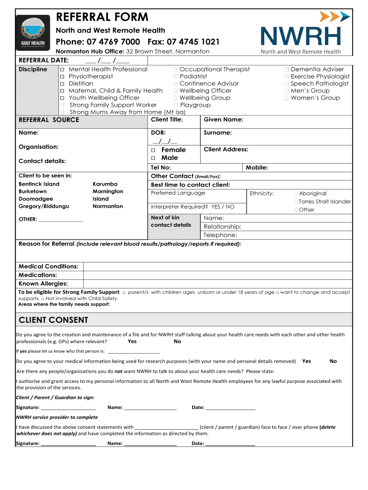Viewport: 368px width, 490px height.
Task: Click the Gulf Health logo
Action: pos(32,33)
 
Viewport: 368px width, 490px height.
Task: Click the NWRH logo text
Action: pos(301,37)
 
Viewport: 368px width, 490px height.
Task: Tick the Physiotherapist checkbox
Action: pos(62,77)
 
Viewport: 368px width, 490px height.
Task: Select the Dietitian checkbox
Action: pos(62,84)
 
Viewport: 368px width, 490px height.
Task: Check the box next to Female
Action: pos(153,150)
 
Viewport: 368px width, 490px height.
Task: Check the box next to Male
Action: pos(153,158)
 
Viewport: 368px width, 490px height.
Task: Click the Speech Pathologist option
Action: pos(319,83)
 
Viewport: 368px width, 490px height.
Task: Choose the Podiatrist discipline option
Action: pos(193,76)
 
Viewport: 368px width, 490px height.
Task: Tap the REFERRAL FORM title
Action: pos(102,17)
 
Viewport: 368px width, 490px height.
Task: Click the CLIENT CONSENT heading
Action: pos(53,320)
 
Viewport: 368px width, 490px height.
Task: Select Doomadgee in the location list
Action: pos(36,199)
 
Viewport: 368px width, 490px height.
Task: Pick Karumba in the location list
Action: pos(105,184)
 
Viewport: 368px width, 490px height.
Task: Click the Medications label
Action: pos(38,275)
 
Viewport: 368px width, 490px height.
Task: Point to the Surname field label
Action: pos(217,133)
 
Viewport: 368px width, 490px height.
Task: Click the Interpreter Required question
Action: pos(193,207)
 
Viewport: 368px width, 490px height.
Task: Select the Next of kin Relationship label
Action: pos(222,226)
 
